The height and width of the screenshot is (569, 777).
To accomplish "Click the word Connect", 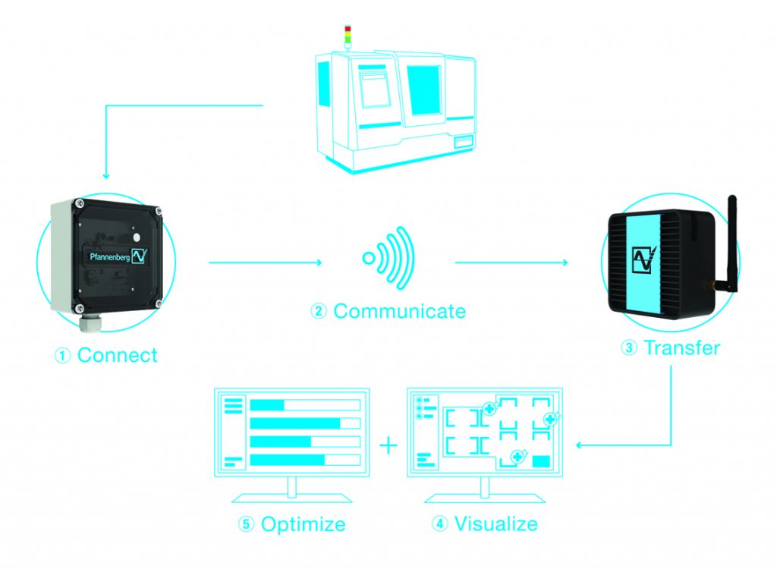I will coord(117,355).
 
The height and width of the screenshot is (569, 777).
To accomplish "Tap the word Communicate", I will coord(399,310).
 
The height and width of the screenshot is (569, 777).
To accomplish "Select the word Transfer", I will coord(681,347).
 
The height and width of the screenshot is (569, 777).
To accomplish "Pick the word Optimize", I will coord(303,523).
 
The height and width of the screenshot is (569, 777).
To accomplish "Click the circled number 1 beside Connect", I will coord(63,356).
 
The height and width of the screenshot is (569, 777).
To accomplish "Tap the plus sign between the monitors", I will coord(388,445).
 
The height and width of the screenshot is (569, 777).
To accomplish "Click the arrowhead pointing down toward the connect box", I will coord(105,175).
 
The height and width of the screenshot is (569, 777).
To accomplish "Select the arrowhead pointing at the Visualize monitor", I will coord(579,445).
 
